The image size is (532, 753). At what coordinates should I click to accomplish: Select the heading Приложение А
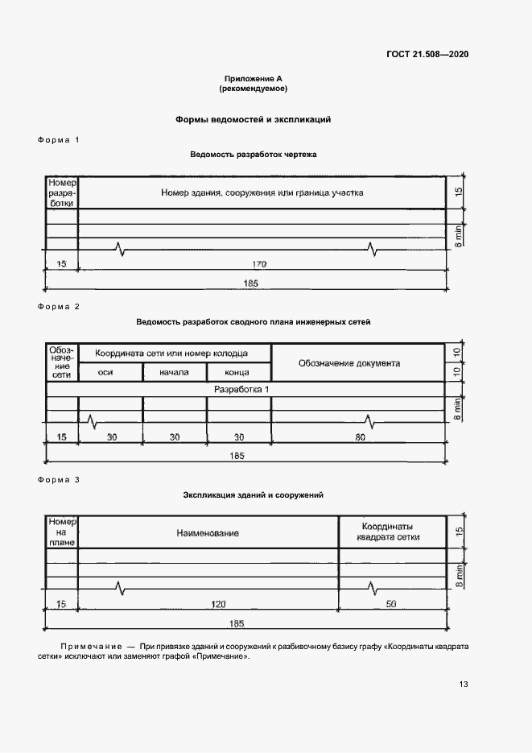(x=254, y=79)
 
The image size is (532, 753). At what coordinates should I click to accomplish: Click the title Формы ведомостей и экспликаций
(x=254, y=119)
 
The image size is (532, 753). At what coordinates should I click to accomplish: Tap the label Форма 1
(x=59, y=140)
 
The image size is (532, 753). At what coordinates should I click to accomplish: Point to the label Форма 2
(x=59, y=307)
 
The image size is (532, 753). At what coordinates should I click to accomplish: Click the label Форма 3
(x=59, y=480)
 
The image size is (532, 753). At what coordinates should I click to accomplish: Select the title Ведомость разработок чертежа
(x=254, y=154)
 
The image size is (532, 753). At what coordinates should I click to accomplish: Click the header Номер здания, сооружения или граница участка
(x=262, y=193)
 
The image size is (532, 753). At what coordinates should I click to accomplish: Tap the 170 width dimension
(x=259, y=264)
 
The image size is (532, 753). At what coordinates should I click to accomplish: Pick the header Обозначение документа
(x=349, y=363)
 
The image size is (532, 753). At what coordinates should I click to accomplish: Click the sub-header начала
(x=174, y=372)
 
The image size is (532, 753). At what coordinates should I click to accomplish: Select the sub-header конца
(x=237, y=372)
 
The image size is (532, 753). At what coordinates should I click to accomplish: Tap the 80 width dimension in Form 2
(x=360, y=437)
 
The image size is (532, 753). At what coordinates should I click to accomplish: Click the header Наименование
(x=208, y=533)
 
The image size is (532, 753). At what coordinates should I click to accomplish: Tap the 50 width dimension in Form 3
(x=391, y=604)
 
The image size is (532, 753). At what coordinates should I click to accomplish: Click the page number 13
(x=464, y=685)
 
